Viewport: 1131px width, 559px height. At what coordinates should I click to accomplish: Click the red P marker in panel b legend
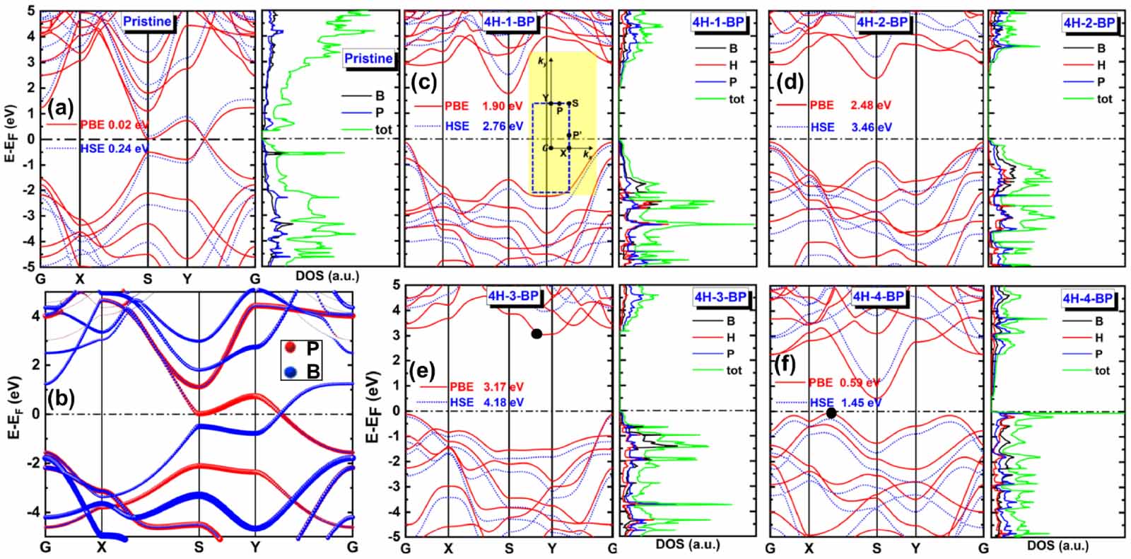click(x=290, y=347)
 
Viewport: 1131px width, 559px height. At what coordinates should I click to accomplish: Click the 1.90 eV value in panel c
click(x=502, y=106)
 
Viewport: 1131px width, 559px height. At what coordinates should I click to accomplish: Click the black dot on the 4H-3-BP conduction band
click(x=537, y=333)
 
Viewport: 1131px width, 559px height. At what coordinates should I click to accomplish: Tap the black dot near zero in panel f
click(x=831, y=413)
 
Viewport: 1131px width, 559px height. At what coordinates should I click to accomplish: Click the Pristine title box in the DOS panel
click(x=368, y=58)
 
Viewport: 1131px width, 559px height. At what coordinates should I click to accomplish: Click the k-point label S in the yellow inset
click(x=575, y=103)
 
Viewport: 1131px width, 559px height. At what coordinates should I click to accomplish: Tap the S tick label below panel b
click(x=199, y=547)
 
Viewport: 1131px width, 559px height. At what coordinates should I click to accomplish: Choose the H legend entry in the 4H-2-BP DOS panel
click(x=1101, y=65)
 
